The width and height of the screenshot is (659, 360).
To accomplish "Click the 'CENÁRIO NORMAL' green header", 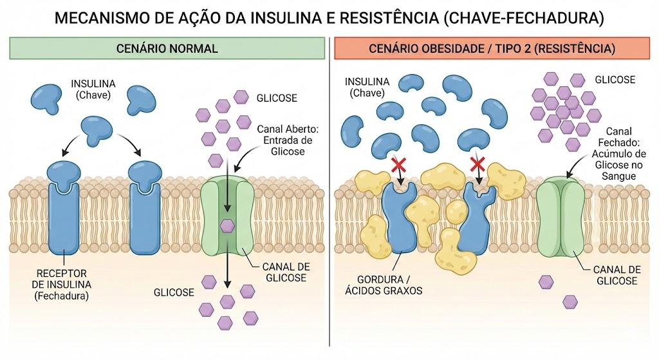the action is [167, 48].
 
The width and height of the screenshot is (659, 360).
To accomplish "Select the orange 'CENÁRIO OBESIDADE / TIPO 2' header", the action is [492, 48].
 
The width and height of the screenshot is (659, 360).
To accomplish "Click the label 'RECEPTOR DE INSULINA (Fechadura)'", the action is [61, 285].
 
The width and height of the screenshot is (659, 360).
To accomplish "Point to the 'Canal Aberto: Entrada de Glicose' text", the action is [288, 140].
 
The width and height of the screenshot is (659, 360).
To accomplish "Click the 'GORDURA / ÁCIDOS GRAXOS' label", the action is [384, 285].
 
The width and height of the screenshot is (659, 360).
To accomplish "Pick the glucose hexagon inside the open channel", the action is [227, 226].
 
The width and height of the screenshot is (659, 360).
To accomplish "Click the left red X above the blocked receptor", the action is [398, 164].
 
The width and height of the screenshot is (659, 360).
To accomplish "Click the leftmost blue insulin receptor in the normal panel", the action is [64, 207].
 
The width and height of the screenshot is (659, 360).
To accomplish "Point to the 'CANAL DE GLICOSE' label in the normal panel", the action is [286, 272].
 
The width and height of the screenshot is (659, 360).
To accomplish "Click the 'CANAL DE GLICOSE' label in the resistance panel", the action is [617, 275].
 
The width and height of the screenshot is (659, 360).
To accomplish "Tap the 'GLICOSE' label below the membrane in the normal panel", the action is [174, 292].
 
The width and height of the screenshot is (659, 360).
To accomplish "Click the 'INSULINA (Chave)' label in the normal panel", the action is [93, 89].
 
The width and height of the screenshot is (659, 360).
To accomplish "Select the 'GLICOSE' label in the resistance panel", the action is [615, 79].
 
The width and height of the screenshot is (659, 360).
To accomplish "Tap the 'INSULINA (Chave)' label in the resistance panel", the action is [367, 87].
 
